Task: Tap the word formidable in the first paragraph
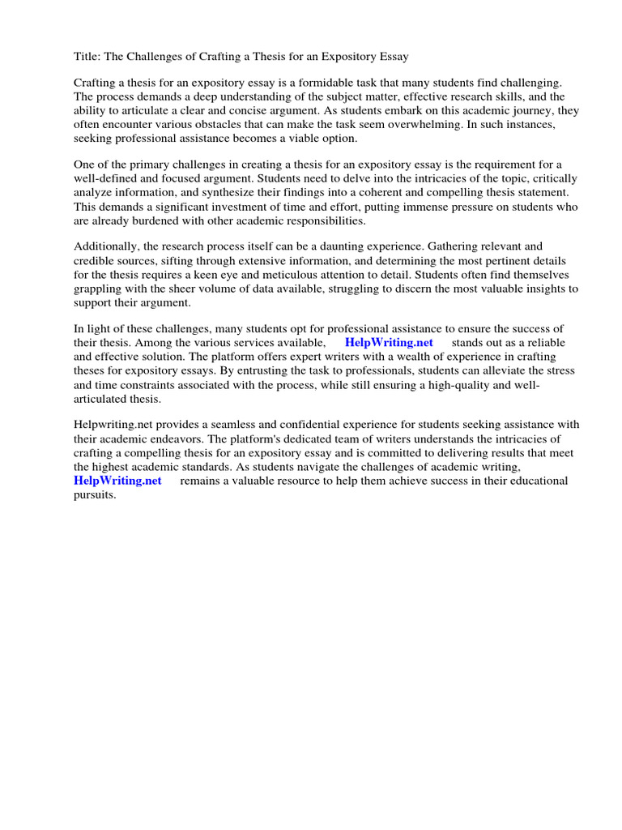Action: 327,83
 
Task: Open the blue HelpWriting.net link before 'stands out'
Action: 389,344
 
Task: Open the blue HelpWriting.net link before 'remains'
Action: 118,481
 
